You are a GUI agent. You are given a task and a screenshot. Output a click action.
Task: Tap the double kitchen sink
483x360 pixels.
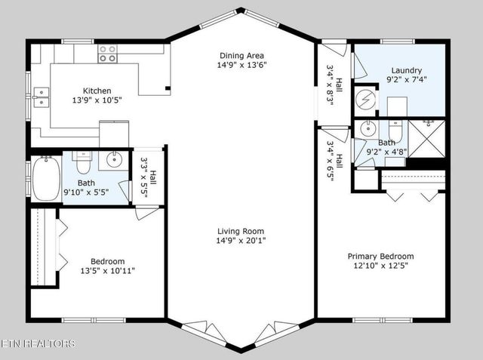41,94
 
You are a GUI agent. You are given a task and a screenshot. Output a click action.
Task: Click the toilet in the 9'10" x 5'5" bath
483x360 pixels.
83,161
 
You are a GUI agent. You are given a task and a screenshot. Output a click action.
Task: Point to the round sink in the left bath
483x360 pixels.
115,159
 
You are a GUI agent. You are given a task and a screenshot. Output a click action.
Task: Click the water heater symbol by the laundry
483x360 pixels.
368,99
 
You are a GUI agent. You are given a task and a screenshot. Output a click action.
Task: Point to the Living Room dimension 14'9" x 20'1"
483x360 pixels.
241,241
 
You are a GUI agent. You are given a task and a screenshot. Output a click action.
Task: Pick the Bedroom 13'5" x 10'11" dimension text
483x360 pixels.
108,270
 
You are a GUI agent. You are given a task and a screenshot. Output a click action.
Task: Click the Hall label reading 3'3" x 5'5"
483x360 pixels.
148,181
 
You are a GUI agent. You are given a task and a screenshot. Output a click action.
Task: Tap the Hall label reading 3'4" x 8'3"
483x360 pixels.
334,87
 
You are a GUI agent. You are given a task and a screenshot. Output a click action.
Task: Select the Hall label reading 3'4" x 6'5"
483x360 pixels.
334,161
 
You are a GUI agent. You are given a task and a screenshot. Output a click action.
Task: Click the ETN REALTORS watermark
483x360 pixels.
38,344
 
